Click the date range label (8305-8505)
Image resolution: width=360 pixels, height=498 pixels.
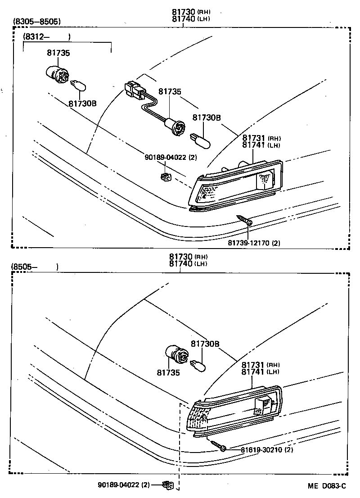coord(37,21)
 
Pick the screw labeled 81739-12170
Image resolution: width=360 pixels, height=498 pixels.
coord(244,220)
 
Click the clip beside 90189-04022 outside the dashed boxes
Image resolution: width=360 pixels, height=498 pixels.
coord(168,485)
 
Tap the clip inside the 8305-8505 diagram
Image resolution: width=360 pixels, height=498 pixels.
coord(165,177)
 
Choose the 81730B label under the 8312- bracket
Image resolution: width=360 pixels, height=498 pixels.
coord(82,103)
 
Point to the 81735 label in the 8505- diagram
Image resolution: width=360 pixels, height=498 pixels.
coord(168,373)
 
